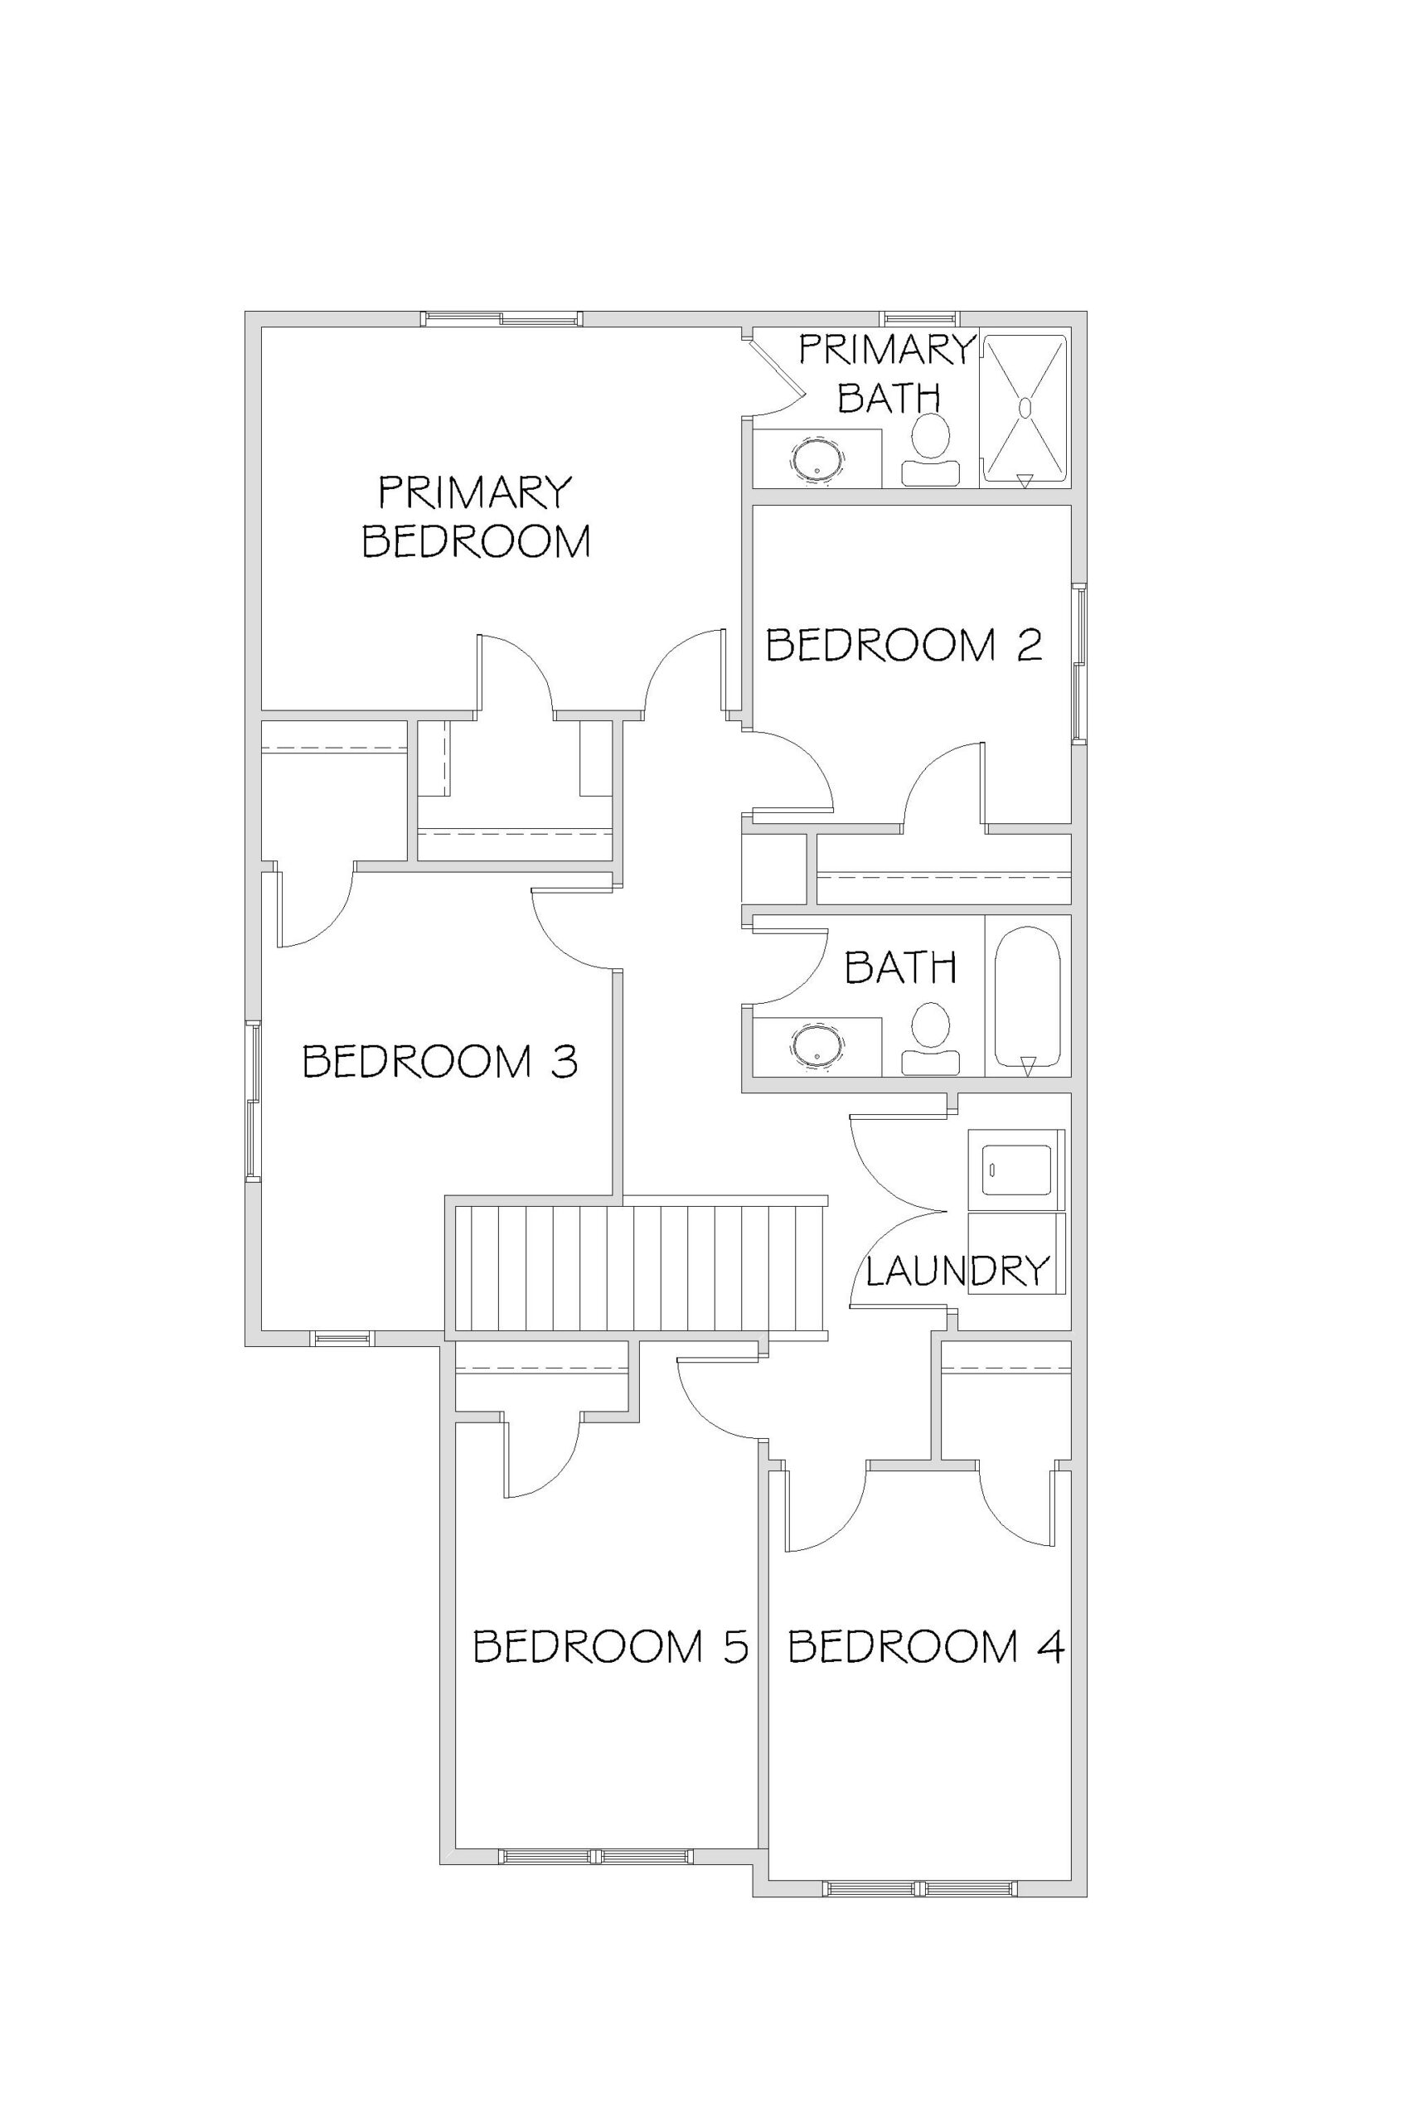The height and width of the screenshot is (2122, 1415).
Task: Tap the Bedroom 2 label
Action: (904, 645)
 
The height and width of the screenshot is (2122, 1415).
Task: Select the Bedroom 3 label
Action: (439, 1061)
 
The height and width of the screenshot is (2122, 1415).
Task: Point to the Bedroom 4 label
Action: (926, 1646)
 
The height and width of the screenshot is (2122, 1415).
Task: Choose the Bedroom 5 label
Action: (611, 1646)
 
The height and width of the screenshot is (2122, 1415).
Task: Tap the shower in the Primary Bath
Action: (1025, 409)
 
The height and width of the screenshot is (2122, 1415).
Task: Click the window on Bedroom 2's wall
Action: (1078, 663)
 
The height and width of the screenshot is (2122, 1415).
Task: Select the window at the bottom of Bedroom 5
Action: (596, 1856)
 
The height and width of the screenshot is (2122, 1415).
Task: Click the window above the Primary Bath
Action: (919, 318)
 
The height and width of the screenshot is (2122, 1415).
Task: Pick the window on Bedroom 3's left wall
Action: (254, 1101)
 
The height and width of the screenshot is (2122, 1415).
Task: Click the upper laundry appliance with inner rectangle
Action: (1016, 1170)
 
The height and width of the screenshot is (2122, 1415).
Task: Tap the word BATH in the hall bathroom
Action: (900, 968)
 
